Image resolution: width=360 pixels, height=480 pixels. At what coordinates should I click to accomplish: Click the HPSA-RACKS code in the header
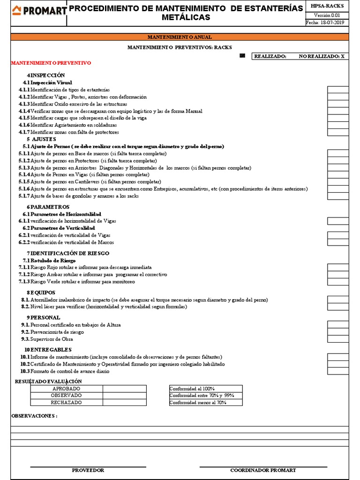[327, 6]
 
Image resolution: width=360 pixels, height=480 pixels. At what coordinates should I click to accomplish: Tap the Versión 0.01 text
[327, 15]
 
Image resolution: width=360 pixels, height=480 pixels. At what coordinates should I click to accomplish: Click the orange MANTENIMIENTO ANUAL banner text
[180, 37]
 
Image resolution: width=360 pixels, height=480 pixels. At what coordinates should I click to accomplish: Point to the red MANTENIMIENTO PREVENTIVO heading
[51, 63]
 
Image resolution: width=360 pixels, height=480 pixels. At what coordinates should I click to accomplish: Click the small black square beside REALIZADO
[242, 56]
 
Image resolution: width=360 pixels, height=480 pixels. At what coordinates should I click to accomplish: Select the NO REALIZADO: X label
[322, 56]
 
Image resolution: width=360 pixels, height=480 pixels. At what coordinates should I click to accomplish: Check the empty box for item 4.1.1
[337, 90]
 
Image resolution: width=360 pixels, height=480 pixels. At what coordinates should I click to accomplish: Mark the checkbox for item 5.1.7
[337, 196]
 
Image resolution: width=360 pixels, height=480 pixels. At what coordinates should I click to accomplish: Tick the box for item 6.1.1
[337, 221]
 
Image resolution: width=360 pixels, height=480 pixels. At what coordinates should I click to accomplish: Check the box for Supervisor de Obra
[337, 339]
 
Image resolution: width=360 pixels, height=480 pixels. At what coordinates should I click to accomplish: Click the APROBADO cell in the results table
[66, 389]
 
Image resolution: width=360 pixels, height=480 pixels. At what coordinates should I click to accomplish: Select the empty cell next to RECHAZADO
[124, 402]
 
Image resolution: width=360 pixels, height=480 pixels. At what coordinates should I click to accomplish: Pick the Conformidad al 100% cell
[205, 389]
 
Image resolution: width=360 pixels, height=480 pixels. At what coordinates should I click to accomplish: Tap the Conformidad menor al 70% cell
[205, 402]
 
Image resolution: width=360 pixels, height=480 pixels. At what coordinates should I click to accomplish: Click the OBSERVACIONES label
[34, 416]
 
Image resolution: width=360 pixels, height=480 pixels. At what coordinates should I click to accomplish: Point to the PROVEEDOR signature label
[88, 470]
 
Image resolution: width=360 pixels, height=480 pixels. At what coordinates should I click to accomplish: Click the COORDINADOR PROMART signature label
[263, 470]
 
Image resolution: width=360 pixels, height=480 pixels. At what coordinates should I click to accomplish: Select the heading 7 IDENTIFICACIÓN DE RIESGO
[68, 253]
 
